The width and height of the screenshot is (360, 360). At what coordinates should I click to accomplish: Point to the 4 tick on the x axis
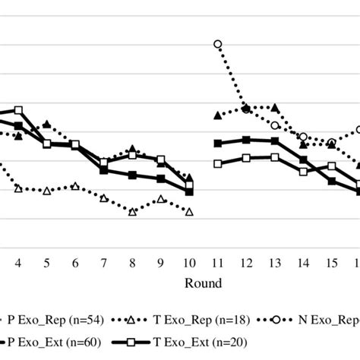(x=18, y=263)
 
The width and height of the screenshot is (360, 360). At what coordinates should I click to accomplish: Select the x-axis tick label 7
(x=104, y=263)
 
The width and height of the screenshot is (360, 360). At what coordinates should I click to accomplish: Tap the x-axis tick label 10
(x=189, y=263)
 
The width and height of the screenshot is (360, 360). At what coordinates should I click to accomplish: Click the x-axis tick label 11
(x=218, y=263)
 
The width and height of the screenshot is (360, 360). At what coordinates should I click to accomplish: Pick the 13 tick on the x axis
(x=275, y=263)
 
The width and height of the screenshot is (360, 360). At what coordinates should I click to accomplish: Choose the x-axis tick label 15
(x=331, y=263)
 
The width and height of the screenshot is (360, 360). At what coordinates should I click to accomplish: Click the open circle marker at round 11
(x=218, y=44)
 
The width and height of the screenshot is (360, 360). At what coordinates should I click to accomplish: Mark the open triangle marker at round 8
(x=132, y=212)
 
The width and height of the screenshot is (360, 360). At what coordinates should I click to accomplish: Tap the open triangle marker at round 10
(x=189, y=212)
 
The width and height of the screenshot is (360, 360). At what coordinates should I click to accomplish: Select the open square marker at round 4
(x=18, y=110)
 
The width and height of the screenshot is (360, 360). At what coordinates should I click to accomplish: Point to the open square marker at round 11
(x=218, y=163)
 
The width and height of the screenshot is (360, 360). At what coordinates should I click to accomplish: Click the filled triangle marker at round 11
(x=218, y=115)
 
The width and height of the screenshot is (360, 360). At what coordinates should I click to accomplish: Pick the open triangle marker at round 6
(x=75, y=185)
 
